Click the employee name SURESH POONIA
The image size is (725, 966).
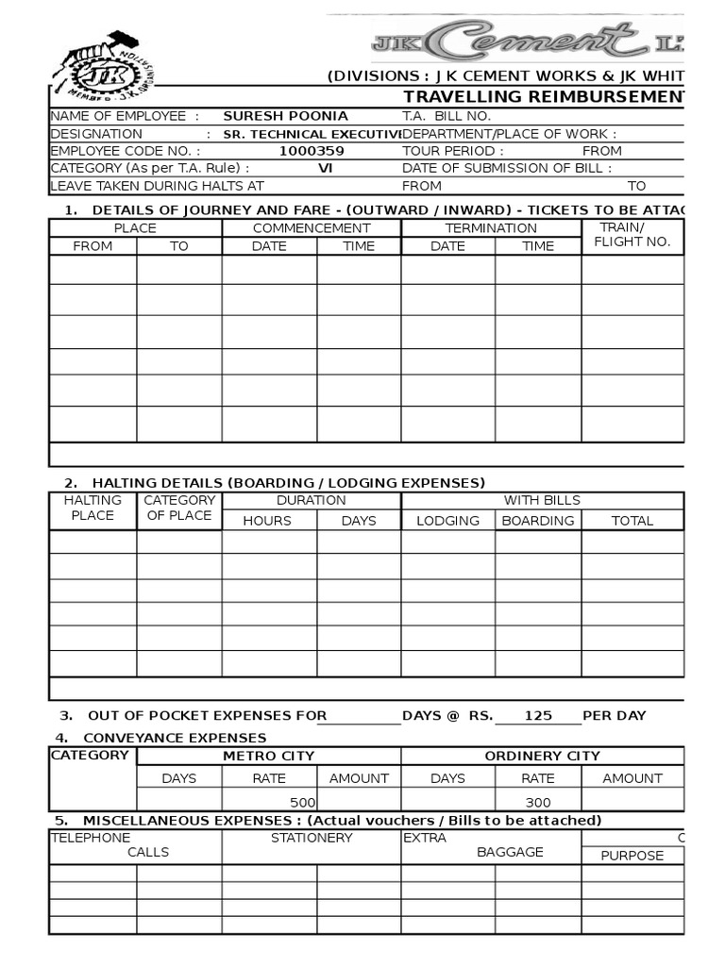pos(285,116)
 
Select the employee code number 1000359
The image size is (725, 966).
pos(312,151)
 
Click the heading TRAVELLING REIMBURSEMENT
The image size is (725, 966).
pos(544,98)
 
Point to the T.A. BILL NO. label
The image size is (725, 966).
pos(447,116)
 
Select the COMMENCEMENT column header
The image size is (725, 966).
pos(312,228)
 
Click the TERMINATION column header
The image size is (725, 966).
pos(491,228)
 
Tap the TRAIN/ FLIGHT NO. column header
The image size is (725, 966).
pos(632,235)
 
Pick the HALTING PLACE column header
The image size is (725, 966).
pos(93,508)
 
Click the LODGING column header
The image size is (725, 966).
pos(447,521)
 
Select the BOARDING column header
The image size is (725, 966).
pos(537,521)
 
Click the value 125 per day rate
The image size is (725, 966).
pos(538,716)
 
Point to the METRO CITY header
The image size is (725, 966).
pos(268,757)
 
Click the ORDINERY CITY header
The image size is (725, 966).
pos(542,757)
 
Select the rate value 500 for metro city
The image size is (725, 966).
pos(300,803)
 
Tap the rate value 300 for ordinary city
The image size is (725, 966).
pos(538,803)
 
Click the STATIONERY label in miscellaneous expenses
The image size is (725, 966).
pos(312,838)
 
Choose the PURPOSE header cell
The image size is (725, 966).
pos(632,856)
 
